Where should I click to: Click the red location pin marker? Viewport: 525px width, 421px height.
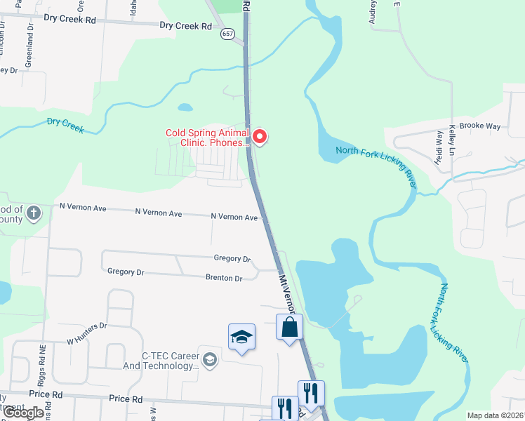260,135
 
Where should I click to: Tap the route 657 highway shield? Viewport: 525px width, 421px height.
226,33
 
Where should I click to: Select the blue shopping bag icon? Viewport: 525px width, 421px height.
290,327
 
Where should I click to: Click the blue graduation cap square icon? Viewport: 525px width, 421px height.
241,337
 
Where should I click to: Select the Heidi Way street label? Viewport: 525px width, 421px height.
440,143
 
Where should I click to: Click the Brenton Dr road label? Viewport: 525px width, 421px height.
223,278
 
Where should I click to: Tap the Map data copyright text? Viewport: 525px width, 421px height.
496,415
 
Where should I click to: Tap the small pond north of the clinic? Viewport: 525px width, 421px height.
185,107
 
